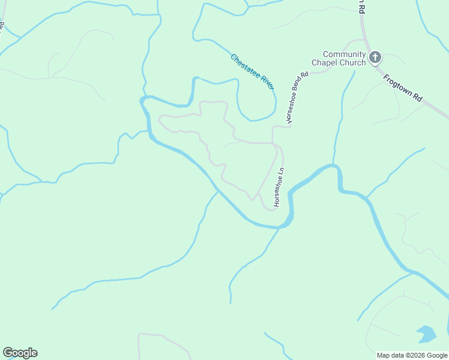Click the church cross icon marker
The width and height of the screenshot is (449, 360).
[375, 58]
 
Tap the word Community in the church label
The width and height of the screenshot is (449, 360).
[344, 55]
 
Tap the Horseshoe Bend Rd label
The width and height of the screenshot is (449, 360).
[297, 98]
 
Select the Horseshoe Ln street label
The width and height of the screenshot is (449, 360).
[279, 188]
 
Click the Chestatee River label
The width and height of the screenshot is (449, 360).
[252, 73]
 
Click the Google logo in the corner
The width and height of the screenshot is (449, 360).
[20, 353]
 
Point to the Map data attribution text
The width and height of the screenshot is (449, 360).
[412, 355]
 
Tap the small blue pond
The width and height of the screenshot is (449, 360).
[426, 334]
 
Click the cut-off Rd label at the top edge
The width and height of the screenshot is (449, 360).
[361, 7]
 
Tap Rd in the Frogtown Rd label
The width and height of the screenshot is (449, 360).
[419, 98]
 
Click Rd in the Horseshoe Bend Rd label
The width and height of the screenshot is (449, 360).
[305, 76]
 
